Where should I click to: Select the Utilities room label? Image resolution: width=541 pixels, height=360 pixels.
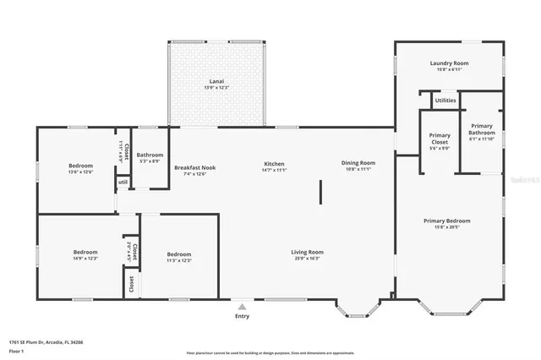pos(445,101)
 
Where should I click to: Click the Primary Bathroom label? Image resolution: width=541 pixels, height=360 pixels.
pos(482,129)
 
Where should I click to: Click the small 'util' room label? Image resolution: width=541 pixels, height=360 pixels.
pos(123,182)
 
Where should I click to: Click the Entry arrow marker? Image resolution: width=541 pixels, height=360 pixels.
pos(243,307)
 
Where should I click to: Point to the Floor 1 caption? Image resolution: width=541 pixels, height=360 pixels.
pos(16,351)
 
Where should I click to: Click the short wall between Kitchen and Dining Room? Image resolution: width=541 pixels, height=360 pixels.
pos(320,191)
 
